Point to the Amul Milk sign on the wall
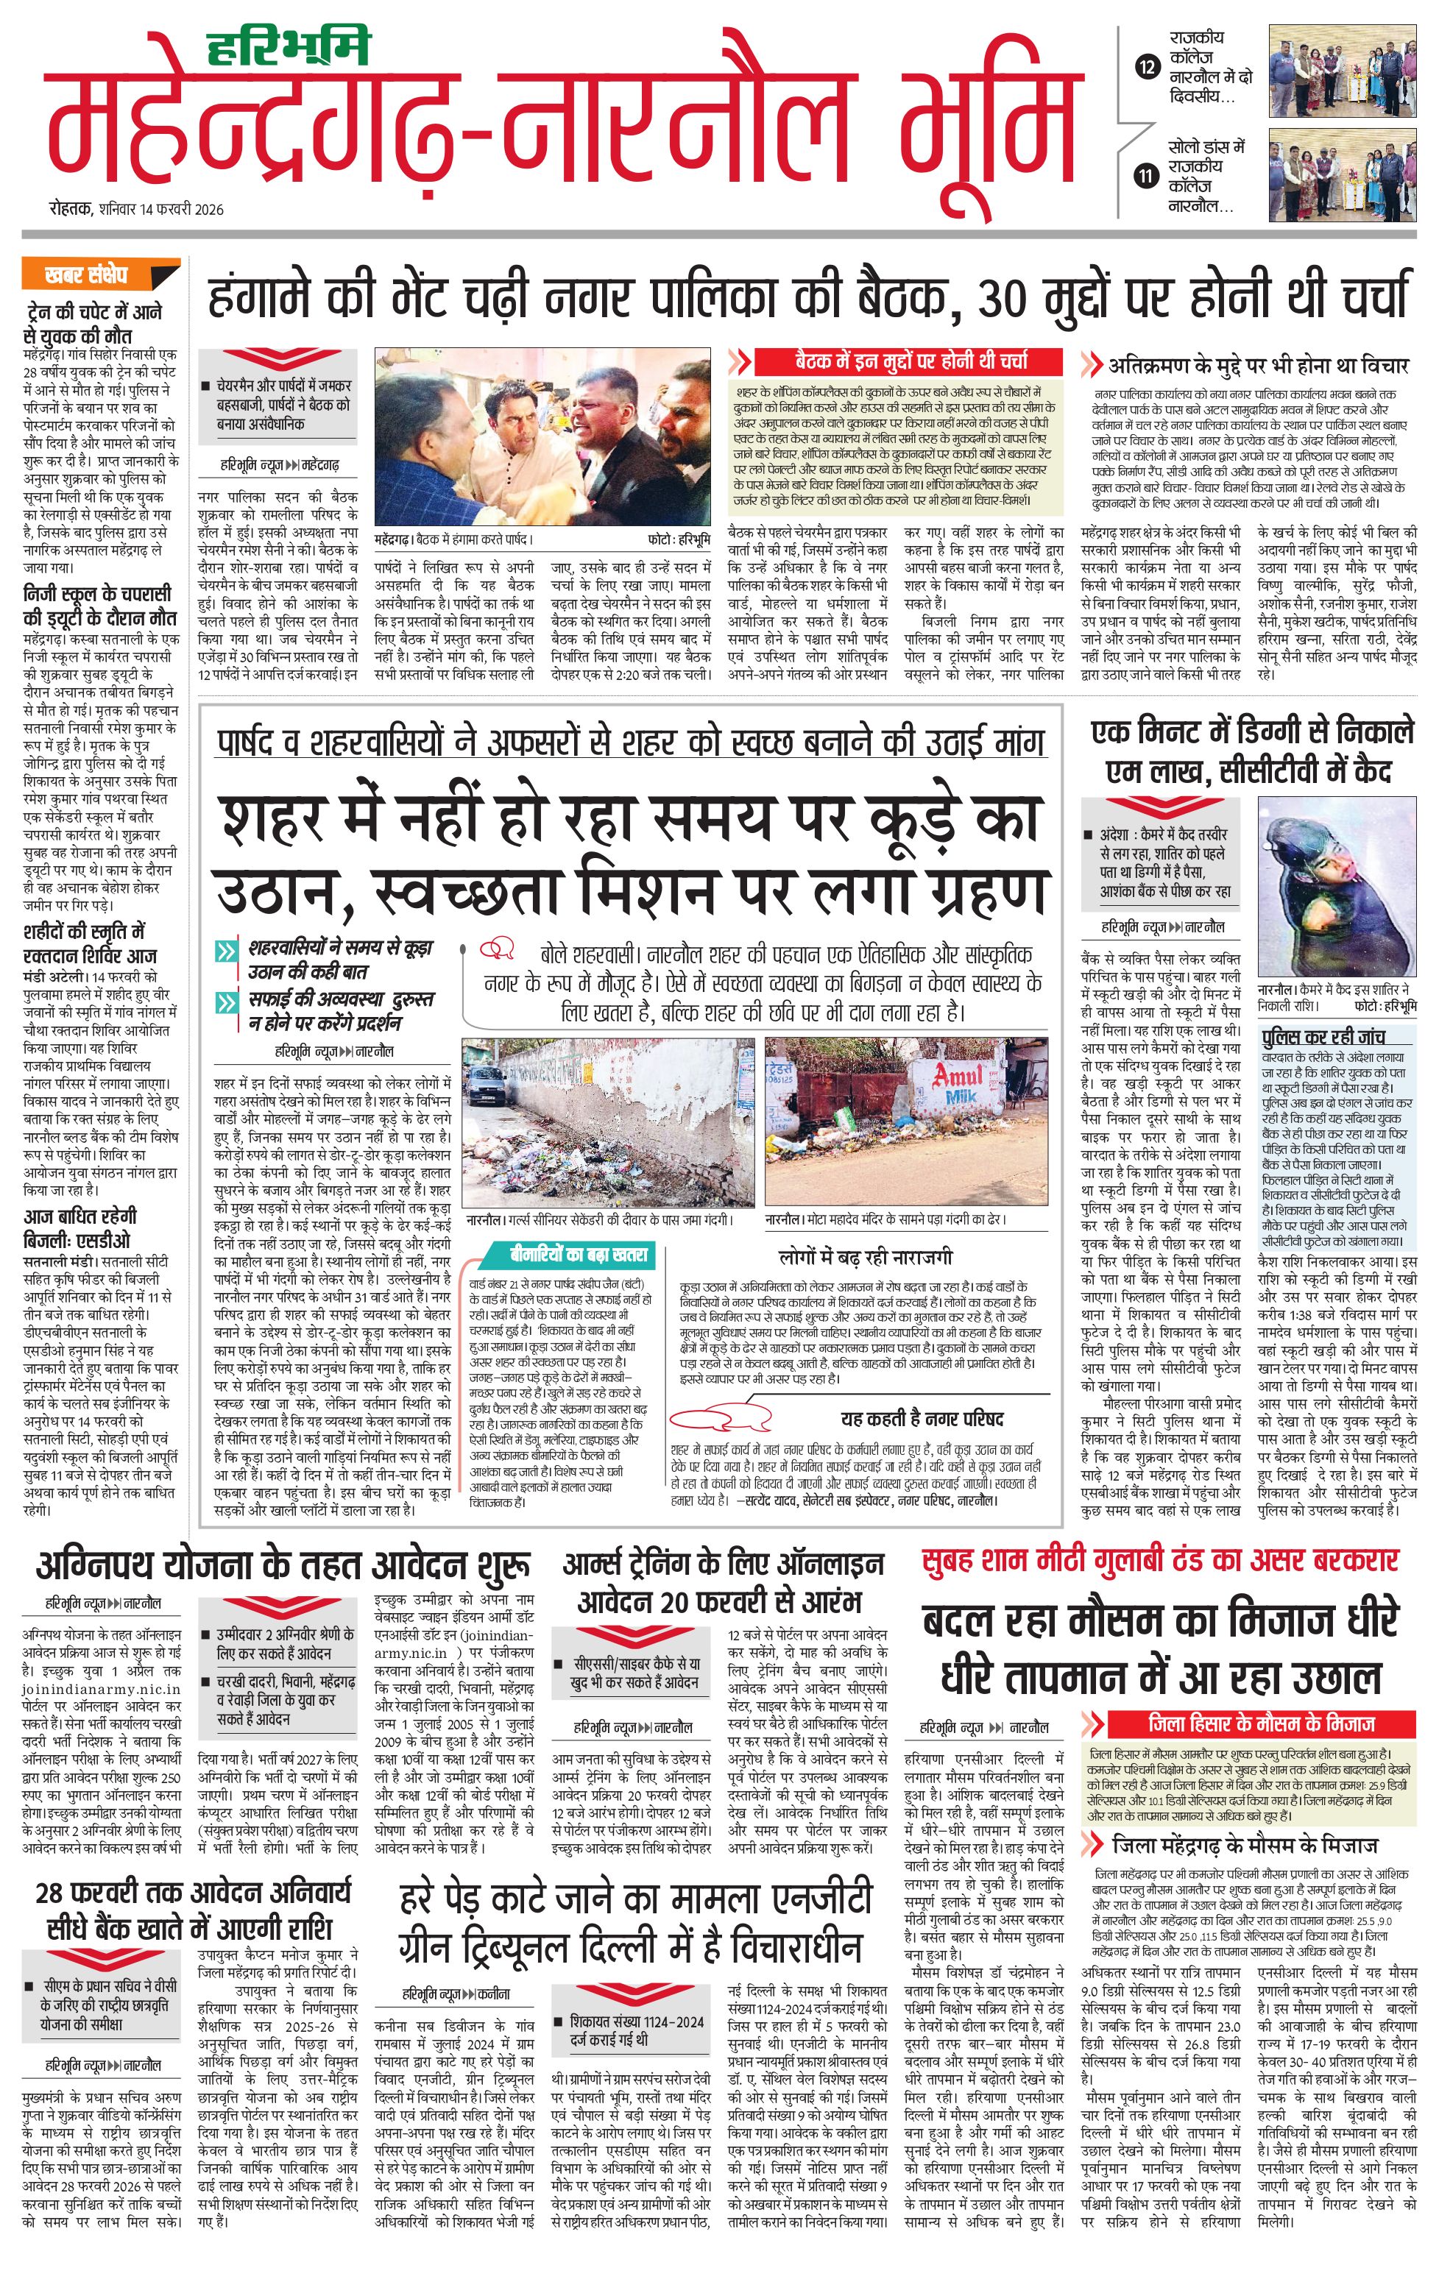click(958, 1081)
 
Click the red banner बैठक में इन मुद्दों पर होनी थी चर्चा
click(910, 361)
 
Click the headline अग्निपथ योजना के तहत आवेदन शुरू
click(283, 1567)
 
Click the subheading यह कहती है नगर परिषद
click(921, 1419)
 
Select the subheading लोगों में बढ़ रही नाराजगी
click(865, 1257)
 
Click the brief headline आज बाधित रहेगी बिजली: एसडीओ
click(79, 1227)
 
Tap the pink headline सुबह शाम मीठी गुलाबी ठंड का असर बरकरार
click(1159, 1560)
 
